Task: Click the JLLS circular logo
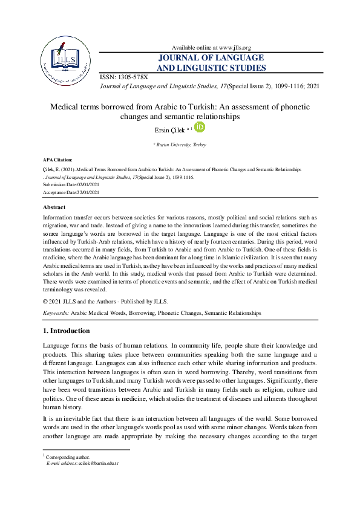point(65,59)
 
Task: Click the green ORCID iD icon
point(200,127)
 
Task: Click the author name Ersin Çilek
point(172,128)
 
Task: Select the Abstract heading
point(55,207)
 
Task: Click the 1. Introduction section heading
point(67,331)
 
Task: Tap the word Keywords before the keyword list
point(56,313)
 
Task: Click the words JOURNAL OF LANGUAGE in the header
point(211,58)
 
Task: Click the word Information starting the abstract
point(59,217)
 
